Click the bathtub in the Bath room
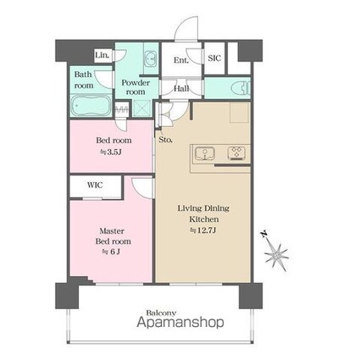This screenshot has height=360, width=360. pos(91,105)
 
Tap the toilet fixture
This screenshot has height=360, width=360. pos(241,88)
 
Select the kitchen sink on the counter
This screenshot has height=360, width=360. pos(205,154)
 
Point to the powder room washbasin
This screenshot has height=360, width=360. pos(150,59)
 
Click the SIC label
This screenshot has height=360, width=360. pos(214,58)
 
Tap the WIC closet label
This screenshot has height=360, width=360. pos(95,186)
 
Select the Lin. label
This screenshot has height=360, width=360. pos(102,55)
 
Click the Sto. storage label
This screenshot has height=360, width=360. pos(165,140)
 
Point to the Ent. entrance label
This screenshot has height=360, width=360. pos(181,60)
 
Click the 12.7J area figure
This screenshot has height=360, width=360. pos(203,230)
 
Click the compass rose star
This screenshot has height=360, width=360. pos(276,255)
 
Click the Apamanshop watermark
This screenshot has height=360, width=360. pos(180,322)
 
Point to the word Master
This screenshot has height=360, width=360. pos(112,231)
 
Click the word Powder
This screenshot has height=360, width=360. pos(136,83)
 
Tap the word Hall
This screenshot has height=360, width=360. pos(181,89)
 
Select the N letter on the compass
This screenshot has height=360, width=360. pos(264,234)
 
